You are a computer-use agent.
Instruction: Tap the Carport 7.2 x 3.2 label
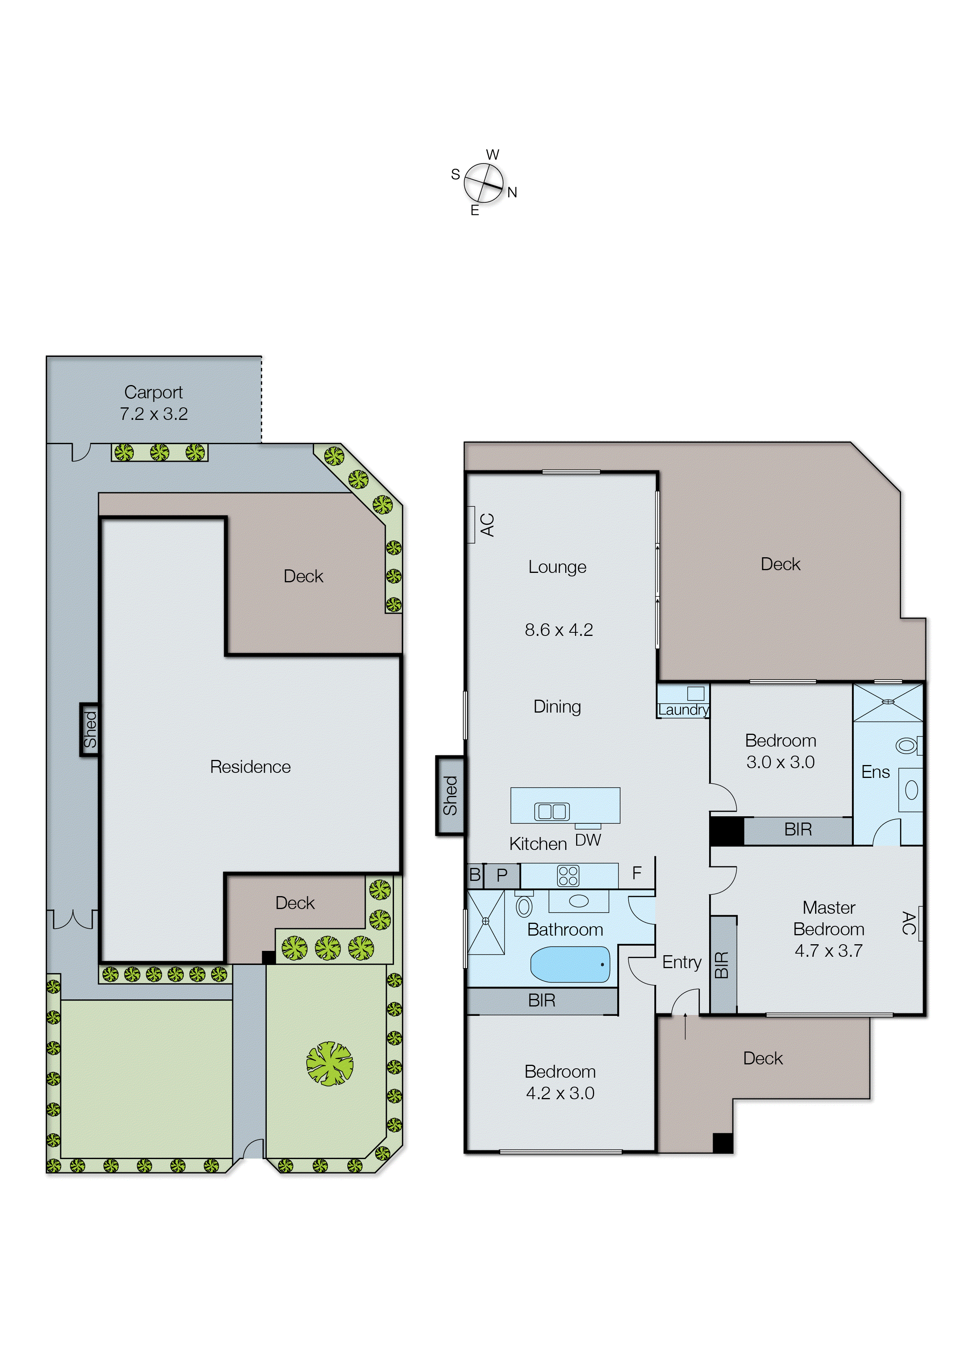pos(153,403)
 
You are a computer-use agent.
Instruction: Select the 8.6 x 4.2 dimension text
pos(559,630)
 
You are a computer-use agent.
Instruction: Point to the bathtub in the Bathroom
pos(570,964)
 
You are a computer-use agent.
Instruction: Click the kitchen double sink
pos(551,811)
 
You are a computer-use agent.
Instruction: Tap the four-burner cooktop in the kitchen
pos(568,875)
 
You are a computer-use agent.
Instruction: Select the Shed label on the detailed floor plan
pos(450,795)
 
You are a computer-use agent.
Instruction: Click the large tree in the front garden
pos(330,1064)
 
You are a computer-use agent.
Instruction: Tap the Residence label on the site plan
pos(250,767)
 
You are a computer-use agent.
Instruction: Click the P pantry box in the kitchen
pos(502,875)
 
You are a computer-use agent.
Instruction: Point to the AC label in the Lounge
pos(487,525)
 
